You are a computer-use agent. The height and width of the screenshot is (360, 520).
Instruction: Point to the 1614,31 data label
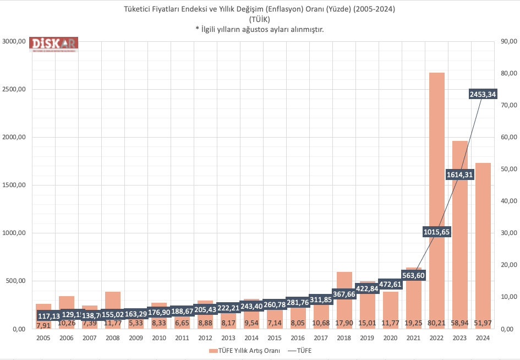tap(460, 175)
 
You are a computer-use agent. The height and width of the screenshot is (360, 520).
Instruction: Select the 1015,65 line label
tap(437, 232)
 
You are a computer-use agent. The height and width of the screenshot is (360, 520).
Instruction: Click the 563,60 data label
tap(414, 275)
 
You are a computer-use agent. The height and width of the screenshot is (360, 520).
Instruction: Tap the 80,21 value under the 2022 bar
tap(437, 323)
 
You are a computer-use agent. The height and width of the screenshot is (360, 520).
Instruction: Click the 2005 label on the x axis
tap(43, 338)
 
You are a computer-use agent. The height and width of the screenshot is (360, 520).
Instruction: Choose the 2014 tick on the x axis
tap(251, 338)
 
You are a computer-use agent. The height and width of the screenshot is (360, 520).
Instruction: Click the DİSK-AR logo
tap(54, 44)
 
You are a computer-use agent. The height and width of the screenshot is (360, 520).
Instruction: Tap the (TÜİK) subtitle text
tap(260, 19)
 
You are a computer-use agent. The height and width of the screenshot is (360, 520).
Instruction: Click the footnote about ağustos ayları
tap(260, 29)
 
